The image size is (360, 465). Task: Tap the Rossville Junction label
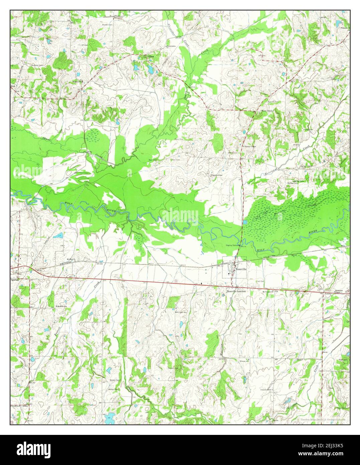(236, 291)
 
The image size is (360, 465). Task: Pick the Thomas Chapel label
(250, 146)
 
